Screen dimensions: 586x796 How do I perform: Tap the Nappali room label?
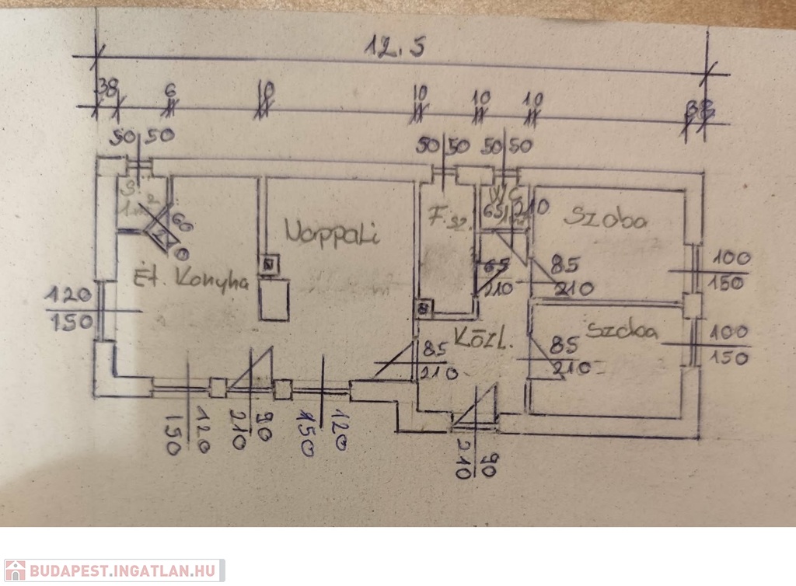click(332, 232)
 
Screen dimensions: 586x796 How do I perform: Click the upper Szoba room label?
click(605, 218)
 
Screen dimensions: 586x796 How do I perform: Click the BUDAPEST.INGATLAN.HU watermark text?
click(124, 571)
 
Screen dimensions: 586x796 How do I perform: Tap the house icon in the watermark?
click(16, 570)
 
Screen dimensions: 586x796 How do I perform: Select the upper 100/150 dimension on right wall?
click(727, 270)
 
